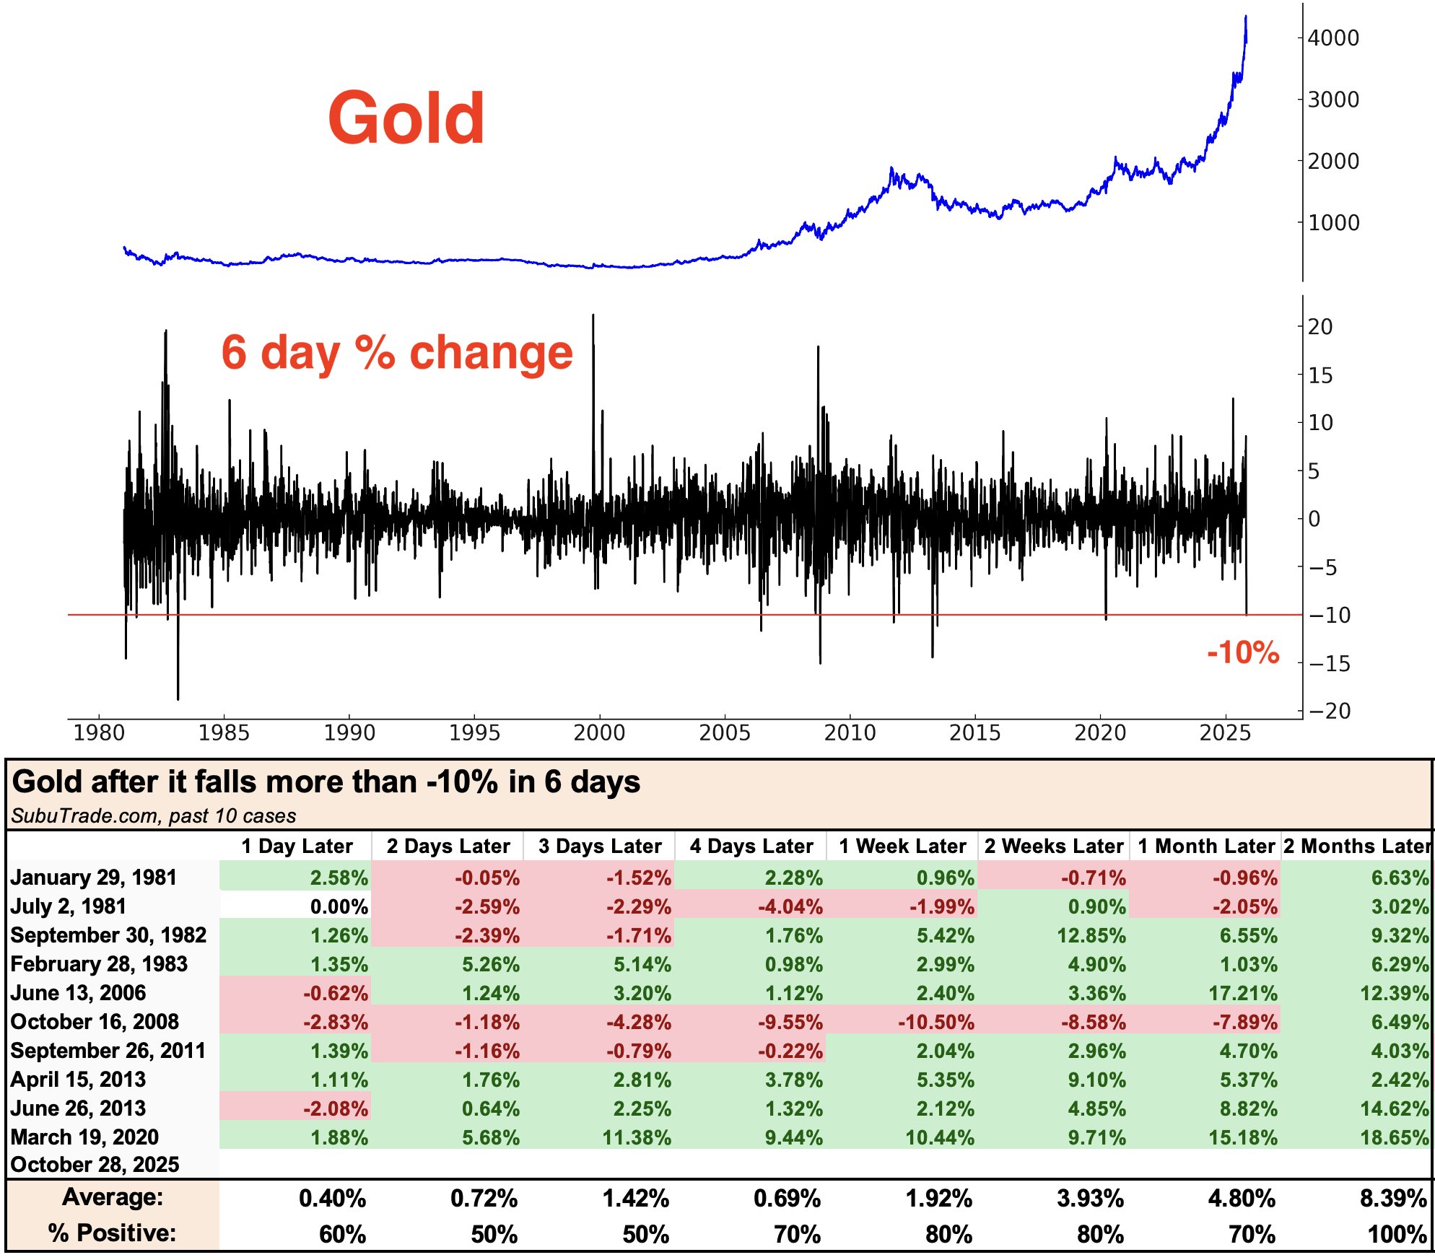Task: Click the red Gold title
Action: (x=406, y=118)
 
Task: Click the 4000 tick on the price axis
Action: (x=1332, y=38)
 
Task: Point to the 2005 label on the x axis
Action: (x=724, y=733)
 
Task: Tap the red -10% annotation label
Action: (x=1242, y=652)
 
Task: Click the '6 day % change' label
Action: (x=396, y=353)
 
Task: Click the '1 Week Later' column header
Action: (x=902, y=846)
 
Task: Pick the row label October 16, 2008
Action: (x=95, y=1022)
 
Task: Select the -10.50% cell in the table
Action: (x=935, y=1023)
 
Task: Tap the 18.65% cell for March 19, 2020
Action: (x=1394, y=1138)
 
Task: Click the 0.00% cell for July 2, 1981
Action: (x=339, y=907)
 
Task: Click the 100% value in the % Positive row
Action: (x=1397, y=1235)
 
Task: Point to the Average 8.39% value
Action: (x=1392, y=1199)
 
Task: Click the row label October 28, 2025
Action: (x=95, y=1165)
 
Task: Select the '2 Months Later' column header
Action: (x=1357, y=846)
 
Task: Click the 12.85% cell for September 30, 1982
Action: (x=1091, y=936)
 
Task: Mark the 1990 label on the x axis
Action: (x=349, y=733)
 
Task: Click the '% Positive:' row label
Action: (x=112, y=1233)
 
